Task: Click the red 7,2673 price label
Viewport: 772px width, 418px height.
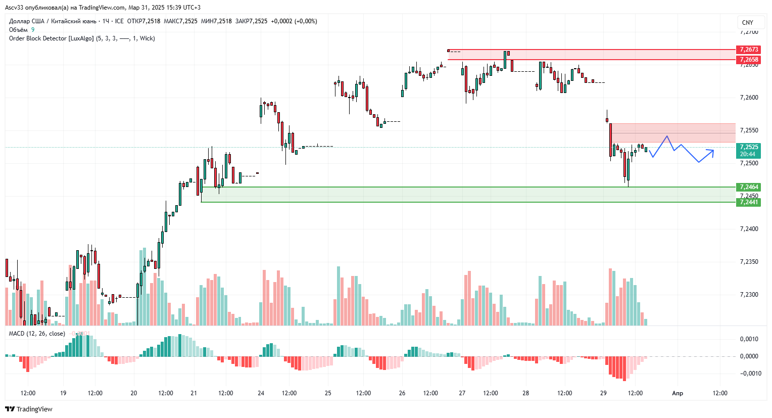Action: [749, 50]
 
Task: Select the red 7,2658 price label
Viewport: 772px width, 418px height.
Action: [749, 60]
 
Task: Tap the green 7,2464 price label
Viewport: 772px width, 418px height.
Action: [749, 187]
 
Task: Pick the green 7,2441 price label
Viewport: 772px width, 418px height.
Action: [749, 202]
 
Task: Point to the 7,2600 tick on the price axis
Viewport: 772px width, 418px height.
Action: [749, 98]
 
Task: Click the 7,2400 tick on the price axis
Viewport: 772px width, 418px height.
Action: [749, 229]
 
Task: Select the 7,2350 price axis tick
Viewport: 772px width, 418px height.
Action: [749, 262]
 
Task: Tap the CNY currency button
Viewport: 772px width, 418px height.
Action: [748, 23]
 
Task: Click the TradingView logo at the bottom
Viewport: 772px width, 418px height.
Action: [29, 409]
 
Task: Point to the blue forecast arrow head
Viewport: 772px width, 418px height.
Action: [712, 150]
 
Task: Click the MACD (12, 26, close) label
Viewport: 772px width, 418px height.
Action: [37, 334]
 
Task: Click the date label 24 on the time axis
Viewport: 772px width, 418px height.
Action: [261, 393]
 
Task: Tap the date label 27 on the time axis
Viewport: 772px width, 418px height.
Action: [462, 393]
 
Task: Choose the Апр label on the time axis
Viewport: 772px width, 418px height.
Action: [678, 393]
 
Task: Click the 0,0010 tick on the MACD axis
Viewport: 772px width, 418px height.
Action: [749, 339]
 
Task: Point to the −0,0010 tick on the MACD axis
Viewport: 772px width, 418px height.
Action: [748, 374]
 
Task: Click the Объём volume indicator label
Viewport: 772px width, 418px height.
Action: [18, 30]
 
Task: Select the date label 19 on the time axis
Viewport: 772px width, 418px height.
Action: [63, 393]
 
